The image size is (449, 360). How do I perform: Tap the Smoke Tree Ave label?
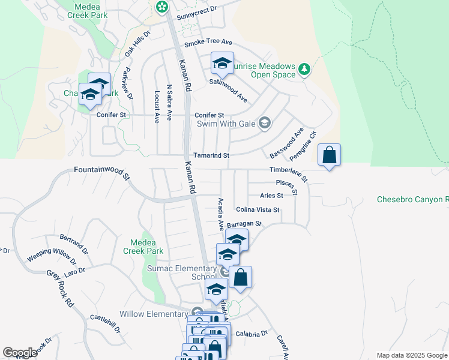pyautogui.click(x=208, y=43)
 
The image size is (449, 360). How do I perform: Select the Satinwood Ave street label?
pyautogui.click(x=228, y=89)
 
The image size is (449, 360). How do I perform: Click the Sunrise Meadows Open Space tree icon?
pyautogui.click(x=304, y=70)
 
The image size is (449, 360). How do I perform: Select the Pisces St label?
pyautogui.click(x=286, y=186)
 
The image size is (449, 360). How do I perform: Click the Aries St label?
pyautogui.click(x=271, y=196)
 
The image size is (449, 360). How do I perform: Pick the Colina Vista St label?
pyautogui.click(x=258, y=209)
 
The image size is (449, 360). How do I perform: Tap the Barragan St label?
pyautogui.click(x=245, y=224)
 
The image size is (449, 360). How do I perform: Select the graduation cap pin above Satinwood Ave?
pyautogui.click(x=222, y=63)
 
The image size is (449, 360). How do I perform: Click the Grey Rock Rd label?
pyautogui.click(x=61, y=289)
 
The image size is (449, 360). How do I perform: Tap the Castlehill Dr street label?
pyautogui.click(x=105, y=322)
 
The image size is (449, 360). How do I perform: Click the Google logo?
pyautogui.click(x=20, y=353)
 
